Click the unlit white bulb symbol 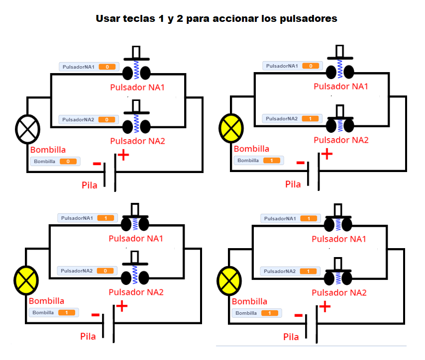[x=27, y=129]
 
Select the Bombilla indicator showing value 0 [x=54, y=161]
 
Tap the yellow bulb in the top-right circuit [x=231, y=128]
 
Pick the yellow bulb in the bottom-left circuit [x=26, y=280]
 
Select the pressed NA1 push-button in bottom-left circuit [x=135, y=221]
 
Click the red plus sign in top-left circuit [x=122, y=155]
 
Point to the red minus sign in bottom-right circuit [x=299, y=315]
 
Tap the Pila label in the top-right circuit [x=293, y=184]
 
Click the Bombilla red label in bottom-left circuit [x=46, y=301]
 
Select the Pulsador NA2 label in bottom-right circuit [x=339, y=293]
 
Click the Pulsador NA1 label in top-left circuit [x=137, y=88]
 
